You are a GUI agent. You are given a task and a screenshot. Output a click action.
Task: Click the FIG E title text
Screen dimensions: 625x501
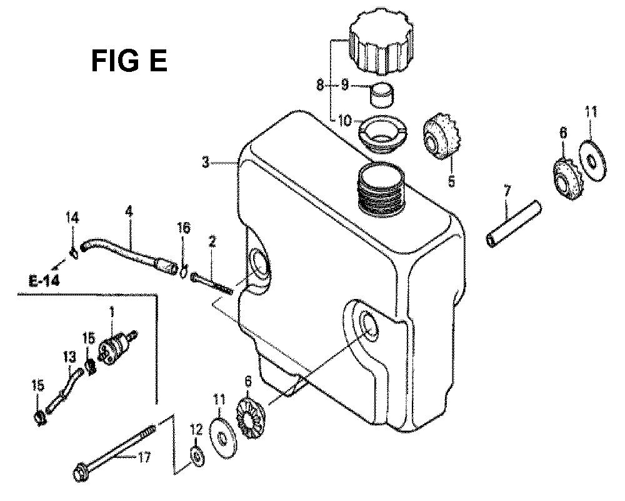(129, 61)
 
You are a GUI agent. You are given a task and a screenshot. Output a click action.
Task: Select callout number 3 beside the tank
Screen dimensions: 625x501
(205, 163)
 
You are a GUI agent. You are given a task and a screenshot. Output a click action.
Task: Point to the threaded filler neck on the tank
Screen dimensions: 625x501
(382, 188)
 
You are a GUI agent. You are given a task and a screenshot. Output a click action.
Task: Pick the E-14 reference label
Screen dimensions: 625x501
(44, 281)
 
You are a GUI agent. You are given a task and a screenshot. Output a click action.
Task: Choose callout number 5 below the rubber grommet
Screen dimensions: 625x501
(451, 181)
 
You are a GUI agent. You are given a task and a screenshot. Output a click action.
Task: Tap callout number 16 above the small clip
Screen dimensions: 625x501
(184, 228)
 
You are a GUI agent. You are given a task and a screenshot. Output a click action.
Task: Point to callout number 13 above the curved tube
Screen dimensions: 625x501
(69, 357)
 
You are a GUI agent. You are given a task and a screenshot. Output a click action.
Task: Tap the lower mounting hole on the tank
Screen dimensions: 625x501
(368, 326)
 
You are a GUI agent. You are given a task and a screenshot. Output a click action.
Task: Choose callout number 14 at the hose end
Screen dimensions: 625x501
(72, 218)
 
